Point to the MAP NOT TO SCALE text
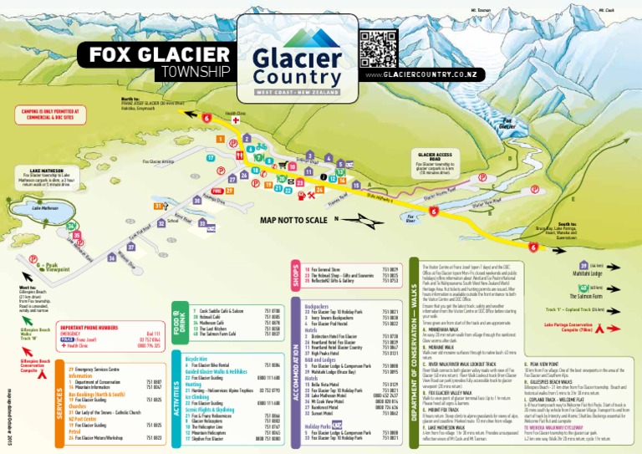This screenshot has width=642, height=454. click(293, 219)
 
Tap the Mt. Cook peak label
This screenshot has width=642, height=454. click(607, 10)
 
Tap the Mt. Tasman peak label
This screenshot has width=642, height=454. click(479, 10)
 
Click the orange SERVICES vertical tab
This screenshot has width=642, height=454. click(59, 406)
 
